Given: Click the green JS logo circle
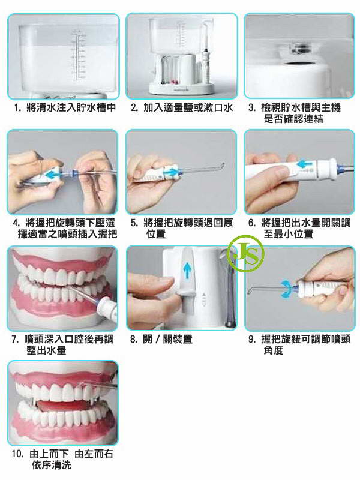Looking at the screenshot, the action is [246, 254].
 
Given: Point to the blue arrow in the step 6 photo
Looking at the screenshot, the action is [305, 164].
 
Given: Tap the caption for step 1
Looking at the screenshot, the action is [65, 107].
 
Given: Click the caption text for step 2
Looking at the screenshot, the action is [182, 107].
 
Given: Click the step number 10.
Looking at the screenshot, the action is [18, 454].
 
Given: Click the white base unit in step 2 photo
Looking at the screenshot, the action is [182, 87].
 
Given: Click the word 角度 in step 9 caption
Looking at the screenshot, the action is [274, 350].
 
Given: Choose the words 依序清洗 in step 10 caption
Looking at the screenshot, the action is [52, 466].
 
